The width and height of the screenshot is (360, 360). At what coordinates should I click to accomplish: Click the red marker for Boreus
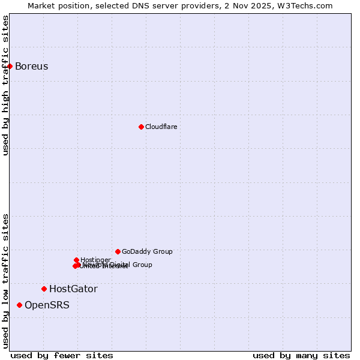click(x=10, y=66)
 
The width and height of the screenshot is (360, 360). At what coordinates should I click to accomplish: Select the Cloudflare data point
click(x=141, y=127)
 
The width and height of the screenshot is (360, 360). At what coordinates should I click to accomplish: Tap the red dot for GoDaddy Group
click(x=118, y=251)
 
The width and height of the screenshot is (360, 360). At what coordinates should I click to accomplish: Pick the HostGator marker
click(x=44, y=289)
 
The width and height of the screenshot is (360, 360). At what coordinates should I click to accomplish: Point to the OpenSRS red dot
click(x=19, y=305)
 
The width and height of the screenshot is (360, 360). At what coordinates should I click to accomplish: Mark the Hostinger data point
click(x=76, y=260)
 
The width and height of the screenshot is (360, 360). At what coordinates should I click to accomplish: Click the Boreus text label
click(x=31, y=66)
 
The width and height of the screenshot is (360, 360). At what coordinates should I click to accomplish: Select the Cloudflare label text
click(x=161, y=127)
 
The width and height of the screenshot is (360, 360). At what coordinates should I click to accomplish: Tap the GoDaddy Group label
click(x=147, y=251)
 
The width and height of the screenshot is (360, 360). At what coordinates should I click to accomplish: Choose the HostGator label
click(x=73, y=289)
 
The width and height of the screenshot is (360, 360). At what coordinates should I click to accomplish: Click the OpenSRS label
click(x=47, y=305)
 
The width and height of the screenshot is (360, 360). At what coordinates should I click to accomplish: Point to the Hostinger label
click(x=95, y=260)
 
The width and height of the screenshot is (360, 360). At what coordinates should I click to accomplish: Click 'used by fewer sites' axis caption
click(x=62, y=355)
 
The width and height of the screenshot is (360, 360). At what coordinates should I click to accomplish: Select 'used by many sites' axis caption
click(x=301, y=355)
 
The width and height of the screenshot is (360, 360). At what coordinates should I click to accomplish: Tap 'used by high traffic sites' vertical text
click(x=5, y=85)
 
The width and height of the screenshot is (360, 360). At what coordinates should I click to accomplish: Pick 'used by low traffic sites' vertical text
click(x=5, y=280)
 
